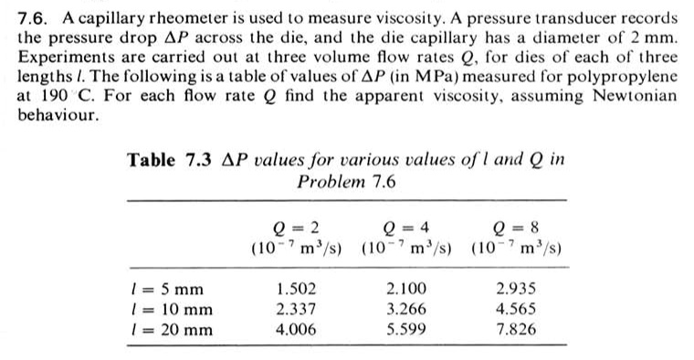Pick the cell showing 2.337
click(297, 309)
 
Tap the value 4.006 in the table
click(297, 329)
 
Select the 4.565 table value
click(516, 309)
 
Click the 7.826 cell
click(516, 329)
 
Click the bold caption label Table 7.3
click(170, 160)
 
